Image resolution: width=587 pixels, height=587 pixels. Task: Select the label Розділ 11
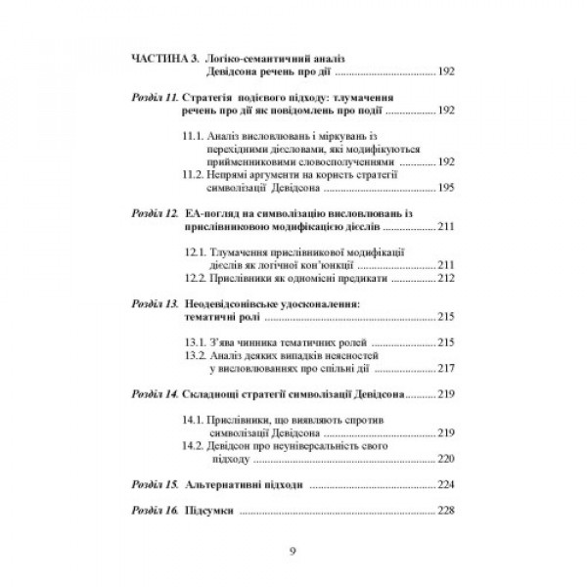pyautogui.click(x=154, y=99)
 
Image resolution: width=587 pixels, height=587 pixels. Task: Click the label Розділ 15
pyautogui.click(x=154, y=482)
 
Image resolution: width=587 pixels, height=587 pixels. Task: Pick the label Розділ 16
pyautogui.click(x=154, y=510)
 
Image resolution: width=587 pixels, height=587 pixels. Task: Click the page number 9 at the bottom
pyautogui.click(x=293, y=550)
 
